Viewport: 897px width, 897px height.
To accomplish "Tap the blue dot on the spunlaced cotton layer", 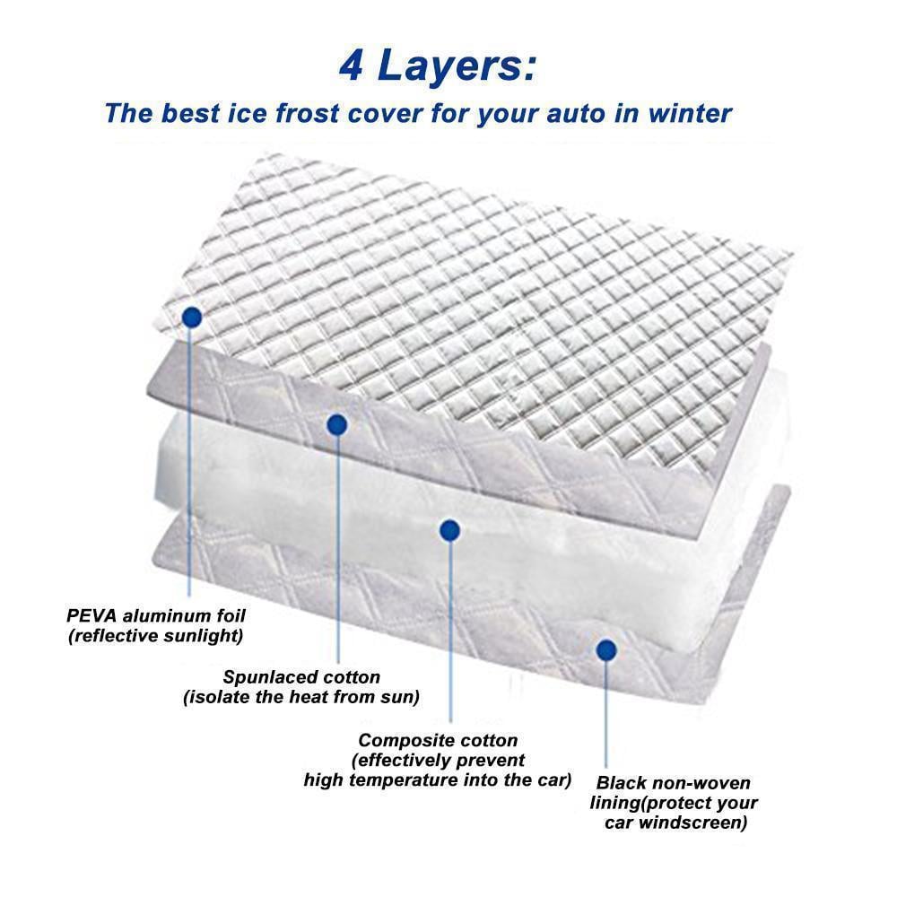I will coord(337,424).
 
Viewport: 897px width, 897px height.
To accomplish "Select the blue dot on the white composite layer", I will coord(450,530).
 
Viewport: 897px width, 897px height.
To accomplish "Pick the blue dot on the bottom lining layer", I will coord(606,649).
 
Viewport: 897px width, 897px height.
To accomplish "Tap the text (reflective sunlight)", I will coord(155,636).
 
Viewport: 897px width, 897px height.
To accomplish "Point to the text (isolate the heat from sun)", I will coord(301,697).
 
